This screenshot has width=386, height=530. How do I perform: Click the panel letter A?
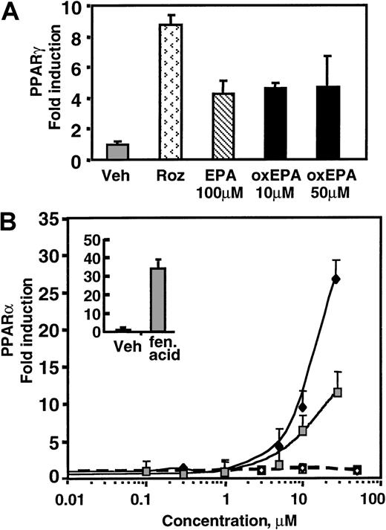pos(13,14)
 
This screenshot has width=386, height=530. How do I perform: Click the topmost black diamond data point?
pos(336,279)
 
